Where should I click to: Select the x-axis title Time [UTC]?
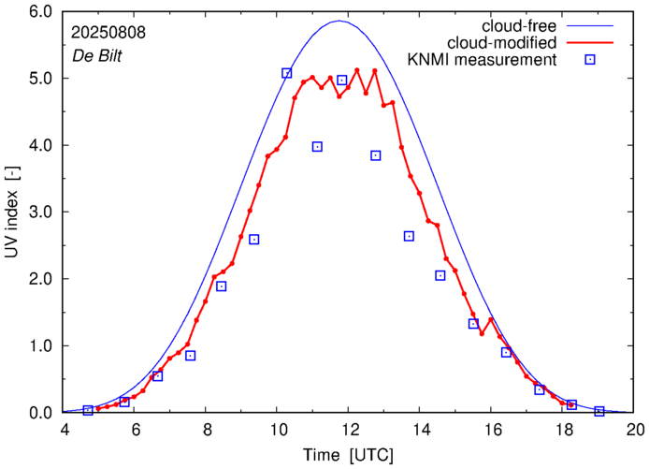point(349,455)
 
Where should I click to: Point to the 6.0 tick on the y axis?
point(40,12)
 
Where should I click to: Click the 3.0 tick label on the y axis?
point(40,213)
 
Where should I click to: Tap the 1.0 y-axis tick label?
point(40,346)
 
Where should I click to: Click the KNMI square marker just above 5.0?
point(287,73)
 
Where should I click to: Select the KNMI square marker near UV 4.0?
point(317,147)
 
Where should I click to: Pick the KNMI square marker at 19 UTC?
point(599,411)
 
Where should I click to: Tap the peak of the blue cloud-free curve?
point(340,21)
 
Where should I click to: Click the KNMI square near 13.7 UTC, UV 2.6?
point(409,236)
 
